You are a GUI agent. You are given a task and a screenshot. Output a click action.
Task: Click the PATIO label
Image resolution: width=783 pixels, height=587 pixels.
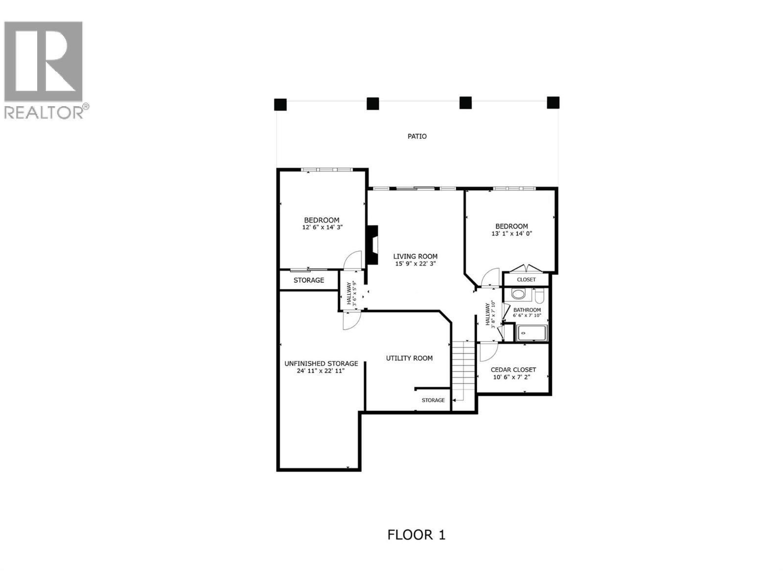(x=417, y=136)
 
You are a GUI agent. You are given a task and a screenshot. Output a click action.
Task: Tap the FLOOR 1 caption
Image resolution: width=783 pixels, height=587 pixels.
(x=416, y=535)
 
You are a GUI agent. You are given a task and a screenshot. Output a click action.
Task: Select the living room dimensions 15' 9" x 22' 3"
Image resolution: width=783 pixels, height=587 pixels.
(x=415, y=264)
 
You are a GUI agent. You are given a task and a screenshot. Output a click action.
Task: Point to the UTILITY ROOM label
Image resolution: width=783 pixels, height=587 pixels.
(x=409, y=358)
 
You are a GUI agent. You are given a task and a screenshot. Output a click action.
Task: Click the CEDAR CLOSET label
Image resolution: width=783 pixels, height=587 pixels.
(x=513, y=370)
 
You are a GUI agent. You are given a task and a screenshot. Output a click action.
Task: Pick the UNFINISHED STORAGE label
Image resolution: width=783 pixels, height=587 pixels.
(x=321, y=363)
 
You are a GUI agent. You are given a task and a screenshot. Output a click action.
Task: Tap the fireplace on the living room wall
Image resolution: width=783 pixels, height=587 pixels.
(x=373, y=245)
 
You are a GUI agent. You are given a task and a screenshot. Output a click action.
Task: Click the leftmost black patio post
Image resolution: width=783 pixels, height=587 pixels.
(x=280, y=105)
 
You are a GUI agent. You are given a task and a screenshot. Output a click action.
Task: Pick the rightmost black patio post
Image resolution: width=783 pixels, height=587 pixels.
(x=553, y=103)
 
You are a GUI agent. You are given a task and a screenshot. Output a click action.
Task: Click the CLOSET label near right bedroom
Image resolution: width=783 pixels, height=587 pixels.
(x=526, y=280)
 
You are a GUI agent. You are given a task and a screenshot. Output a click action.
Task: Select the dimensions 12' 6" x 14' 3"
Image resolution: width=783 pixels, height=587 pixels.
(x=322, y=227)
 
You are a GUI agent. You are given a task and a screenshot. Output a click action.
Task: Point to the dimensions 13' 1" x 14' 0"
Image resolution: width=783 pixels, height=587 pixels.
(x=511, y=234)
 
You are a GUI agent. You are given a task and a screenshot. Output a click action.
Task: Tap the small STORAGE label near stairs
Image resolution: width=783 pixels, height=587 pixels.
(x=433, y=400)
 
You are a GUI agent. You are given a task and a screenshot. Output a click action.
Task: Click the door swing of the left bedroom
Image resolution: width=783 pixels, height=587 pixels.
(x=352, y=261)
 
